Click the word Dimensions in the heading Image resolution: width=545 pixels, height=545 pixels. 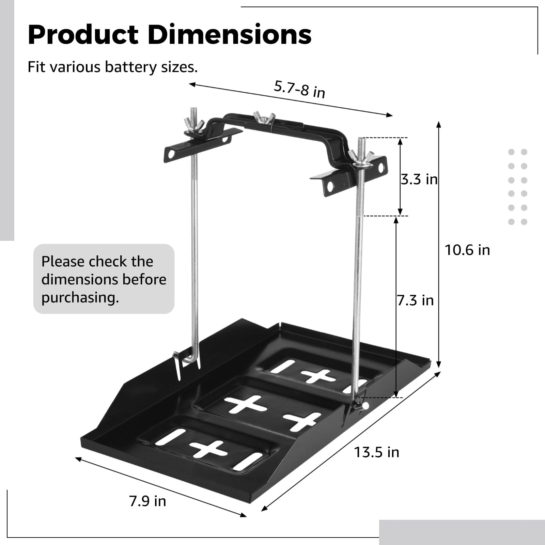click(x=230, y=35)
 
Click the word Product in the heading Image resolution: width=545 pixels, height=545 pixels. click(x=83, y=35)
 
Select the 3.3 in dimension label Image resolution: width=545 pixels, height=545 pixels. click(x=419, y=179)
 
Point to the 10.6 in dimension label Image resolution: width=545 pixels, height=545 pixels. click(x=467, y=250)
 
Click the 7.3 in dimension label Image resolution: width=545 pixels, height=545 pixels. click(x=415, y=300)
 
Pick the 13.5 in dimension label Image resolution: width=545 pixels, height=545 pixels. click(x=376, y=452)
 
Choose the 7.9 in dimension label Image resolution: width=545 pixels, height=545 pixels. click(x=147, y=501)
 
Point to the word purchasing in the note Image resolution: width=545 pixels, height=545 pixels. click(x=80, y=298)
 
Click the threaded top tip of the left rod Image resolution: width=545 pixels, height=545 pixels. click(x=193, y=113)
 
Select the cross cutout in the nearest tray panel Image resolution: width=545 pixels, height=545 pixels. click(x=208, y=450)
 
